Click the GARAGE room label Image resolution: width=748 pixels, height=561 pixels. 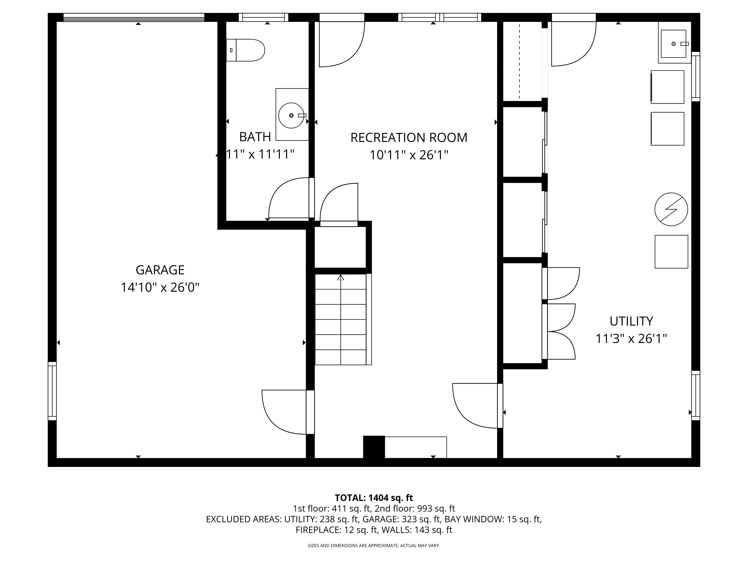click(160, 270)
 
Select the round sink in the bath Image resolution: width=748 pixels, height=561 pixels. click(291, 115)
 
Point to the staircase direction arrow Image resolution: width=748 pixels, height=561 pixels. click(341, 278)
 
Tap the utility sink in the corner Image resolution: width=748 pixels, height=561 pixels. click(673, 44)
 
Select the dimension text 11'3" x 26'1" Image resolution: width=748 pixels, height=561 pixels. click(631, 338)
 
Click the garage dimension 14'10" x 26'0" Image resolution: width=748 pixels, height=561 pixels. click(160, 287)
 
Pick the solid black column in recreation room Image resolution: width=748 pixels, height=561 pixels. click(374, 447)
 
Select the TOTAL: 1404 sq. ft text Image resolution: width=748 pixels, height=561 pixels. click(374, 498)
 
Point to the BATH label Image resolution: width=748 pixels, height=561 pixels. click(255, 137)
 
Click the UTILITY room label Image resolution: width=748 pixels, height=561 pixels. click(631, 321)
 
